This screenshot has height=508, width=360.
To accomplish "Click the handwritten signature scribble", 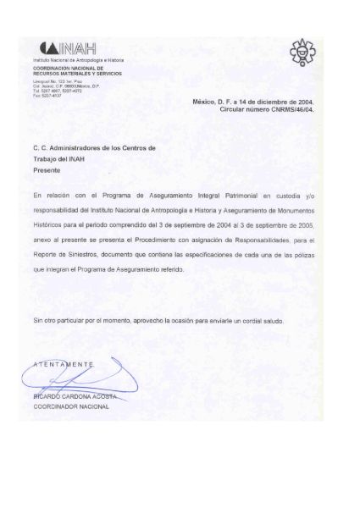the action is coord(85,378).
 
